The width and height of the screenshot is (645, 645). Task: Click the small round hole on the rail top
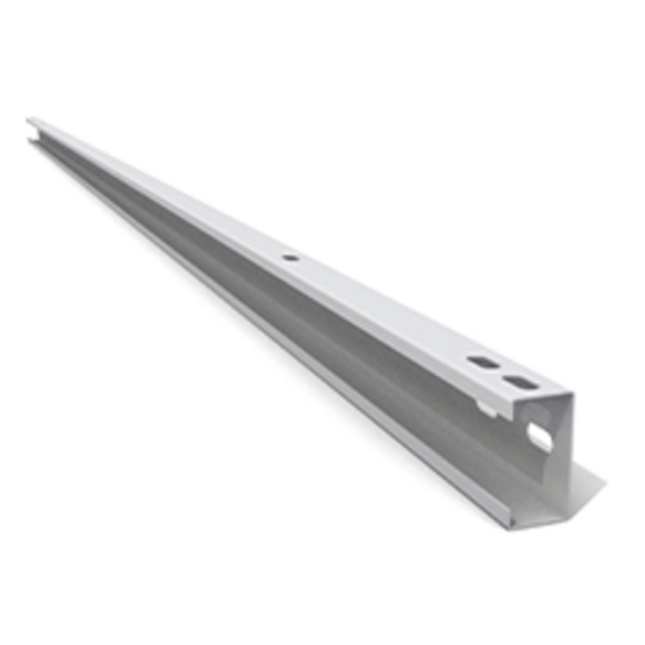tap(290, 258)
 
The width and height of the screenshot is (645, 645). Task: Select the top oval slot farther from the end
tap(482, 360)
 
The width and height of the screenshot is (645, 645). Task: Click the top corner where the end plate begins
tap(569, 393)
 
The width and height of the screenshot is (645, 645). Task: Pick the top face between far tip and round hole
tap(160, 189)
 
